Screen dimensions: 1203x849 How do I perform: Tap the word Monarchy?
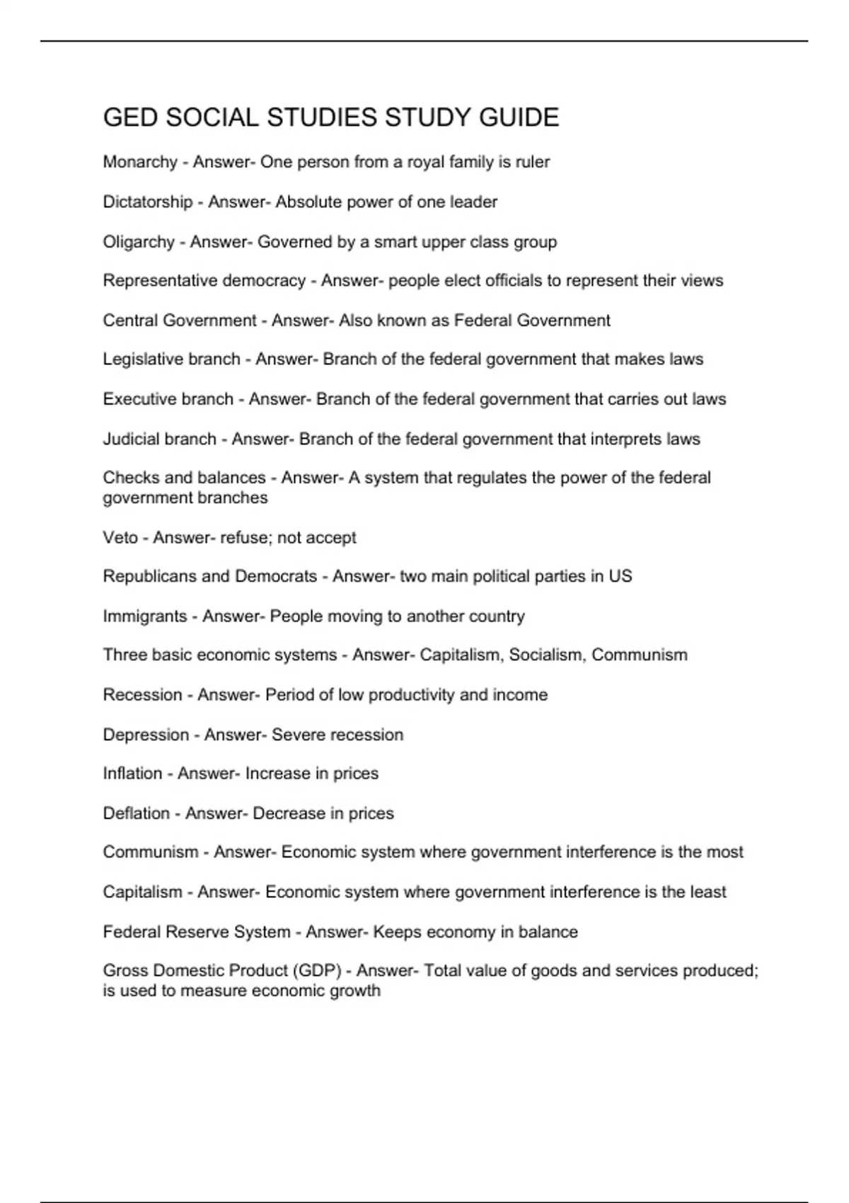click(x=140, y=162)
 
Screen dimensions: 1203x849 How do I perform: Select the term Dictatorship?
click(x=148, y=202)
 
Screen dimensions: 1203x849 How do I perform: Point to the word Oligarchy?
click(x=139, y=242)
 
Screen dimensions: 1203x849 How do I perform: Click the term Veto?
click(x=120, y=538)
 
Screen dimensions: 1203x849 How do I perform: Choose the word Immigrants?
click(x=145, y=616)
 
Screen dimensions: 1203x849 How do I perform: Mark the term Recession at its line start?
click(x=142, y=695)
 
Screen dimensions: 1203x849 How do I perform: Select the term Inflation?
click(x=132, y=773)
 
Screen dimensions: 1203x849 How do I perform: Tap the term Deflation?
click(x=137, y=814)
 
